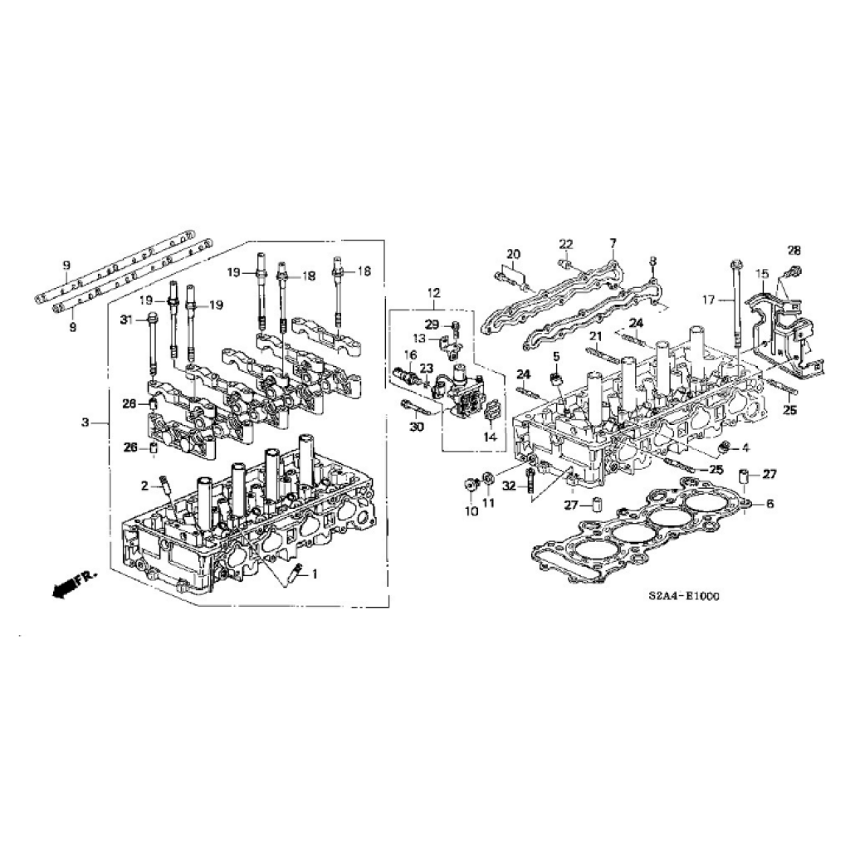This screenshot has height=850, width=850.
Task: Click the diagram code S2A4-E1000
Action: click(684, 596)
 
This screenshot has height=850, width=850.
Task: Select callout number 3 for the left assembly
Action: click(85, 423)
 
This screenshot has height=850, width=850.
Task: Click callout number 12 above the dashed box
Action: click(433, 293)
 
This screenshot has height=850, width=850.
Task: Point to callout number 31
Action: click(126, 320)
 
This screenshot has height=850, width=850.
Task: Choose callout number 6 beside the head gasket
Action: click(769, 504)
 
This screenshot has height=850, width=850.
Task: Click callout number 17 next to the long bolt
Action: click(709, 299)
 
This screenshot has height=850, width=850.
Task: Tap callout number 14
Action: click(490, 437)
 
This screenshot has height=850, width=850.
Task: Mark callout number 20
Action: click(513, 254)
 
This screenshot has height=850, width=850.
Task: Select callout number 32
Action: click(509, 486)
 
